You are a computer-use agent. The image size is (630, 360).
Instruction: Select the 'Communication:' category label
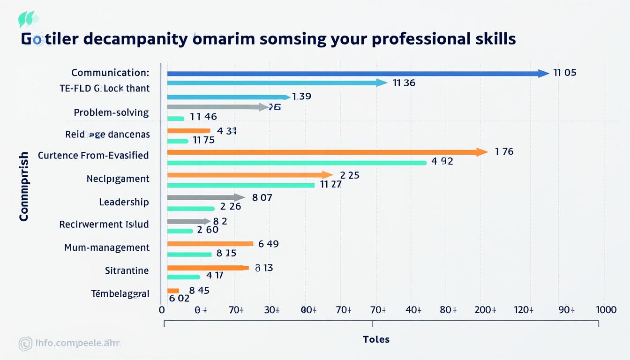pos(110,73)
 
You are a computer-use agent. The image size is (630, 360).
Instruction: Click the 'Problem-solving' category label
pos(111,112)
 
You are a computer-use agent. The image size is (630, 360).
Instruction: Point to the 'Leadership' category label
pos(124,202)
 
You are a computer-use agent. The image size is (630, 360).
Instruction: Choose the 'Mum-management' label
pos(106,247)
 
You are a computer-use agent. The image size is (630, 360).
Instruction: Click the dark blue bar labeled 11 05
pos(356,74)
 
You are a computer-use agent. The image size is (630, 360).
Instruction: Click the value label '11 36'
pos(404,83)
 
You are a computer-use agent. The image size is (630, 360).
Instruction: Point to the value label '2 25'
pos(349,175)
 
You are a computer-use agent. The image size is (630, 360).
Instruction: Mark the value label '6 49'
pos(268,243)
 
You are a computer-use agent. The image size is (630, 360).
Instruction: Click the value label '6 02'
pos(179,298)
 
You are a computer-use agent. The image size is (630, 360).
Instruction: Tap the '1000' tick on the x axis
pos(606,310)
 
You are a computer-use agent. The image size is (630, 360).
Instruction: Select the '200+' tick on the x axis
pos(485,310)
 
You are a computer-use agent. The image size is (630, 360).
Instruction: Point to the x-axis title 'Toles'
pos(376,339)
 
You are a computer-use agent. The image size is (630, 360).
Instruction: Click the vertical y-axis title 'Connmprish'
pos(24,187)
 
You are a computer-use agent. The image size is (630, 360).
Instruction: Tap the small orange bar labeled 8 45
pos(173,291)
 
